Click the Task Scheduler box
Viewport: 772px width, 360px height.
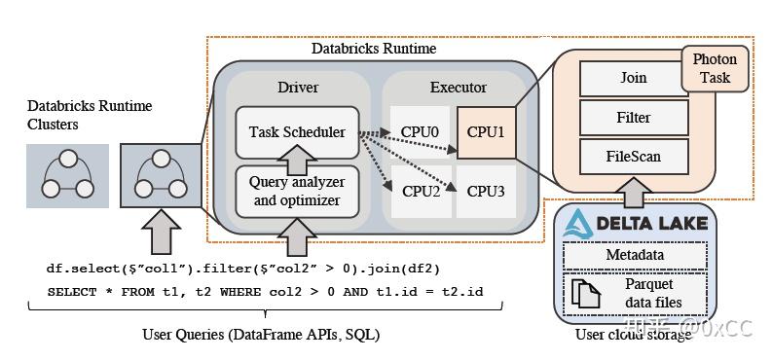(x=297, y=132)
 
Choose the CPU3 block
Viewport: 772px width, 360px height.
(x=485, y=191)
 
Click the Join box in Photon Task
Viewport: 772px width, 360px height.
(x=633, y=78)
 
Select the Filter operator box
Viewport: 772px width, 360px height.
(x=633, y=118)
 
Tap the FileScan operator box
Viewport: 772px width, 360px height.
(x=633, y=156)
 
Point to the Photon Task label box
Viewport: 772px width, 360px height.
(x=715, y=68)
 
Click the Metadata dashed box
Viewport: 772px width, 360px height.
(x=635, y=256)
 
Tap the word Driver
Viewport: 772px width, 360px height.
(x=297, y=88)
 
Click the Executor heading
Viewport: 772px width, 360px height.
(x=458, y=88)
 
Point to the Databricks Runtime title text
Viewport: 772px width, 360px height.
(x=373, y=48)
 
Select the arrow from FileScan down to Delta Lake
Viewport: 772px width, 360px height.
(x=634, y=190)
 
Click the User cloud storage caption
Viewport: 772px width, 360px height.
(x=634, y=335)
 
